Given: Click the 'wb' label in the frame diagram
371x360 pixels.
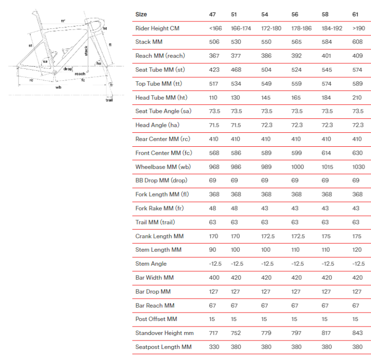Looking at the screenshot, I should point(58,87).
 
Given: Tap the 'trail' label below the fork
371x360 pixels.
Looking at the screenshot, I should point(109,100).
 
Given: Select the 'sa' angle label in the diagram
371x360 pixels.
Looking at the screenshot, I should point(45,61).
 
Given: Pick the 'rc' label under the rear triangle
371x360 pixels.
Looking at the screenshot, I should point(31,80).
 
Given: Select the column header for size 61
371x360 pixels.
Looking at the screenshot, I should point(355,14).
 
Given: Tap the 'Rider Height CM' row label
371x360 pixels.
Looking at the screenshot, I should point(157,28).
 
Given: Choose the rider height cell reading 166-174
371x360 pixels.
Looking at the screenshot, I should point(242,28).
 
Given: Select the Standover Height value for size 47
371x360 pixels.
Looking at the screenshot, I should point(214,333).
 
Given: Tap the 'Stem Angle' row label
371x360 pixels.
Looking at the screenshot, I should point(151,264).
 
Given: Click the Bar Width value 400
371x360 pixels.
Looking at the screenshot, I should point(214,277).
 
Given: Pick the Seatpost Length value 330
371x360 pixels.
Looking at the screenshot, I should point(214,347).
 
